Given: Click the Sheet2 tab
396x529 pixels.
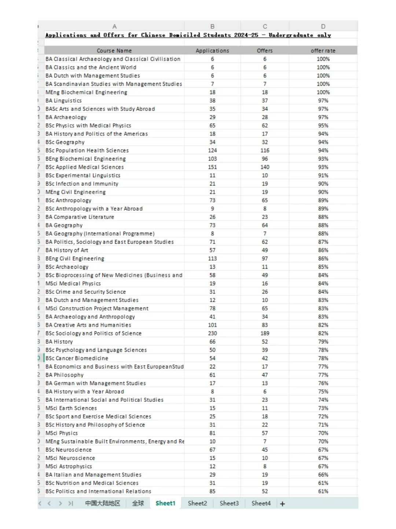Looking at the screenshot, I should (x=197, y=503).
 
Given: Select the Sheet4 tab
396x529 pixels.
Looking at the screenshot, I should (x=261, y=503).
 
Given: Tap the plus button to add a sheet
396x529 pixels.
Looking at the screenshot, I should (x=282, y=504).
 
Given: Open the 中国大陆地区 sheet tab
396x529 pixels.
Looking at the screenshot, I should (x=103, y=503).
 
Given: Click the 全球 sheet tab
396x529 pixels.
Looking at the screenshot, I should (x=138, y=503).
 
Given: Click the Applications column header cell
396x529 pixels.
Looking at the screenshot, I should (x=212, y=51).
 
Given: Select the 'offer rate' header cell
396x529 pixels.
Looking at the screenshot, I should (x=323, y=51).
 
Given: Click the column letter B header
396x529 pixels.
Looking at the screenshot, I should (x=212, y=26).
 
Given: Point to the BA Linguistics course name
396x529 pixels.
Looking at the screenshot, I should (x=63, y=100).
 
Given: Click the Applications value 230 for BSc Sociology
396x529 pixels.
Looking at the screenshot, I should (x=212, y=333).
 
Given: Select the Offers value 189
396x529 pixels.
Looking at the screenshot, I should (x=265, y=333).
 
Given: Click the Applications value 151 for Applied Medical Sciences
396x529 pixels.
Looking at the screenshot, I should (x=212, y=167).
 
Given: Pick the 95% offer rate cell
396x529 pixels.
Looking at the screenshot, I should (x=323, y=125).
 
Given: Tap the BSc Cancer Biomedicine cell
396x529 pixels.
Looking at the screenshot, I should (x=77, y=358).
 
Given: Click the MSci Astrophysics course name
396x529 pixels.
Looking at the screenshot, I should (x=69, y=466).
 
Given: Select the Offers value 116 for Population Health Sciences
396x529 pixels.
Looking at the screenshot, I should (x=265, y=150).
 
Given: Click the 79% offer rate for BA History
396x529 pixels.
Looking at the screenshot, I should (x=323, y=342).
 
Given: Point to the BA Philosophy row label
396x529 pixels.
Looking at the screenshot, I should (x=65, y=375).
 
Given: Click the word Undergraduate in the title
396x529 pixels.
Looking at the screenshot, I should (x=291, y=35).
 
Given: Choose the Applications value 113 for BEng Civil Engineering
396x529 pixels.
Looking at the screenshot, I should (x=212, y=258).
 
